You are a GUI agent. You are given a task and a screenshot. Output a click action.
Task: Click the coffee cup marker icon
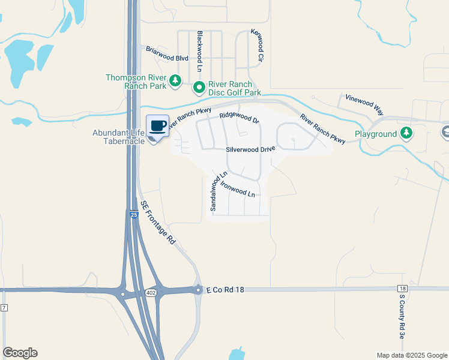point(158,126)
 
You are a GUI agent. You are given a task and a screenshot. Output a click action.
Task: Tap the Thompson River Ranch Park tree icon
point(175,80)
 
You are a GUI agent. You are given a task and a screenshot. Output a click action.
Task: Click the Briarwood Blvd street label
point(167,58)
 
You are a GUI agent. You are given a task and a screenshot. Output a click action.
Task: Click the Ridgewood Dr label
point(239,118)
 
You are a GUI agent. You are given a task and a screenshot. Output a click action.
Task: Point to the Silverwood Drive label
point(250,149)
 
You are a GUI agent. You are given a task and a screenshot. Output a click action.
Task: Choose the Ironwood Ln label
point(238,189)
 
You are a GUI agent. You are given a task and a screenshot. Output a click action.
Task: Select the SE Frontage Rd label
point(157,222)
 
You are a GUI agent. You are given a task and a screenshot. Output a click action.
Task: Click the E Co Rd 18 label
point(226,289)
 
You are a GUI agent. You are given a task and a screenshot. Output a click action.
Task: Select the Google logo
point(20,353)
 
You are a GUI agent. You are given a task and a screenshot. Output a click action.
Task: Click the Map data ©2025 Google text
point(411,355)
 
